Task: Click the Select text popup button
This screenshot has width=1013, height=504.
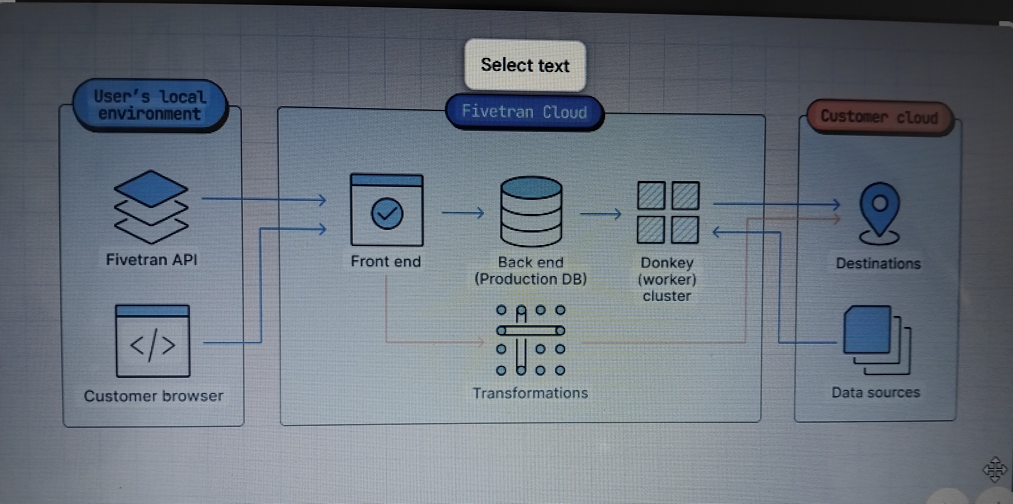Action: click(x=525, y=65)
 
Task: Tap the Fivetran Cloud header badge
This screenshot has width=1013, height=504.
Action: click(x=525, y=112)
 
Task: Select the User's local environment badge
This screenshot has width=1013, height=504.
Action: click(x=150, y=105)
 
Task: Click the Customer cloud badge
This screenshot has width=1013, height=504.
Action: click(x=879, y=117)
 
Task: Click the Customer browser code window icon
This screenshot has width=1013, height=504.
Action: click(x=153, y=341)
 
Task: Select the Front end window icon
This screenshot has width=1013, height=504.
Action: click(x=386, y=210)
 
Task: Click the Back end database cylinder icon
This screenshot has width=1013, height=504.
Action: click(x=531, y=211)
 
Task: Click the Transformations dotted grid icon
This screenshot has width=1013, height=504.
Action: click(x=531, y=340)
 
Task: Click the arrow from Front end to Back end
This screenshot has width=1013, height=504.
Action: click(x=463, y=213)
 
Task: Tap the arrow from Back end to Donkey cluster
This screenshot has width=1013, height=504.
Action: click(x=601, y=214)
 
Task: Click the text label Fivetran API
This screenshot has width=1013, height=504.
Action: click(x=152, y=260)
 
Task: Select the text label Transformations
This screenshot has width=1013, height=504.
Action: click(x=531, y=393)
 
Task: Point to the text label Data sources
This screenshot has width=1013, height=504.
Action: click(x=876, y=393)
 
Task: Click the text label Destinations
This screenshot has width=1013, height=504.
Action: click(x=878, y=263)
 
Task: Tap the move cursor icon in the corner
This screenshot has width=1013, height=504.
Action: click(x=995, y=469)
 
